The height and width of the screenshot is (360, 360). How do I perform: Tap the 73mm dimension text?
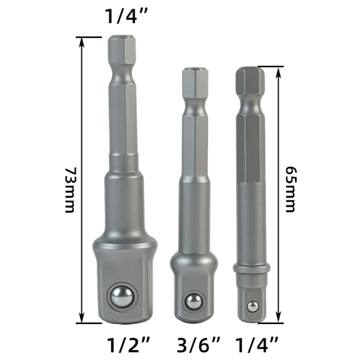click(70, 190)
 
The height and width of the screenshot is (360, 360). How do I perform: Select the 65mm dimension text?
click(291, 189)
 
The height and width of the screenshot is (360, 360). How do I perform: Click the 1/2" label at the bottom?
click(128, 345)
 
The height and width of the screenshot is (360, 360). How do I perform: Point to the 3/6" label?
click(198, 345)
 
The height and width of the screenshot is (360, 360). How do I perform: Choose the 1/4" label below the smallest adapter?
click(256, 345)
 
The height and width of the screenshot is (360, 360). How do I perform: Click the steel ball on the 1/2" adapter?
click(121, 297)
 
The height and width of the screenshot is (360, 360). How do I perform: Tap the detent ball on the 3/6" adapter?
click(194, 301)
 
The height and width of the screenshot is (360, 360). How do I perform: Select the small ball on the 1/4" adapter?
click(253, 306)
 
